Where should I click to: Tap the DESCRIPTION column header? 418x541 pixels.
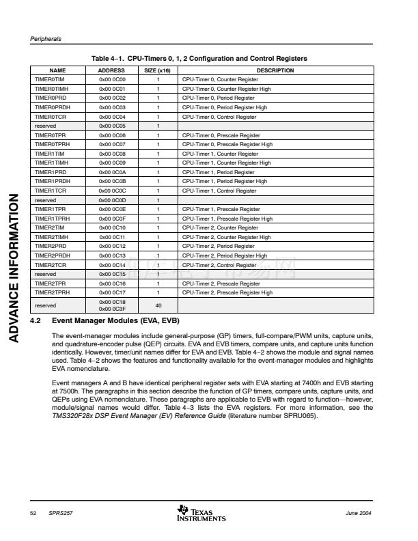275,70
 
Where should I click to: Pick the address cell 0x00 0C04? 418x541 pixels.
112,117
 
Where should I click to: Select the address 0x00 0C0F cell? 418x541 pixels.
112,219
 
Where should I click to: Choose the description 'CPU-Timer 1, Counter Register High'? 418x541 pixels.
226,163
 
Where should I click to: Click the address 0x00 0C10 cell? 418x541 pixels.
112,227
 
